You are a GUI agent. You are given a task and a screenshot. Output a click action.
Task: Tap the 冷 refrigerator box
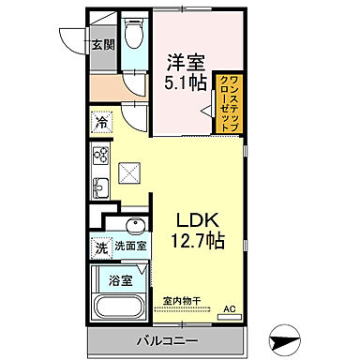[99, 122]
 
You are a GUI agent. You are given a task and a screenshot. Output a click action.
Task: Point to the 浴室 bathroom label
[120, 280]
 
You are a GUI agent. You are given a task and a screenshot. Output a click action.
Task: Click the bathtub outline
[120, 307]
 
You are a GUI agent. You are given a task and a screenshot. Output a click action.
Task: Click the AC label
[229, 309]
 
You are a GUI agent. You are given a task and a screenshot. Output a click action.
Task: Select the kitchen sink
[99, 187]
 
